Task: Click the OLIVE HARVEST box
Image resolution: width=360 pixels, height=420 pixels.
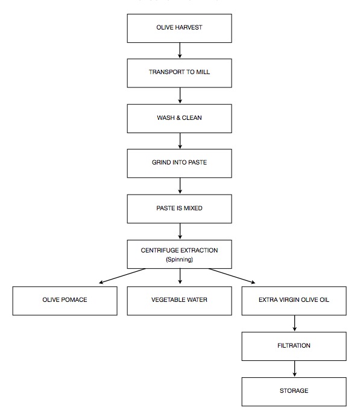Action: pos(180,28)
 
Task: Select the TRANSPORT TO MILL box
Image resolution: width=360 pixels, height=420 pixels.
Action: pos(180,73)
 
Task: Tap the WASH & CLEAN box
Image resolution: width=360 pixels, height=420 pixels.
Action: pos(180,118)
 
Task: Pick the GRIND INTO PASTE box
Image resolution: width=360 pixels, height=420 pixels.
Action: pos(180,163)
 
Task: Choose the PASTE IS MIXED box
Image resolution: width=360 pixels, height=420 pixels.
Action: pos(180,208)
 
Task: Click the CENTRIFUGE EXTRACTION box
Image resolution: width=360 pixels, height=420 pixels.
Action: pos(180,254)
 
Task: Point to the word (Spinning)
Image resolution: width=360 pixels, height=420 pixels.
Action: pos(180,260)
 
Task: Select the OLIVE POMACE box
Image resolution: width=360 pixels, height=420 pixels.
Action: pos(65,300)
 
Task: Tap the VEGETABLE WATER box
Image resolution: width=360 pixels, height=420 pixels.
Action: pos(180,300)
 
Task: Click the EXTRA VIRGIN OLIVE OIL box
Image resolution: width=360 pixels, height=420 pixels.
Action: pos(294,300)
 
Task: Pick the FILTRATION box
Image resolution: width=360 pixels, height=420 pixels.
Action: pos(294,346)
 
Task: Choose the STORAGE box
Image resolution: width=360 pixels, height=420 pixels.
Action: pos(294,391)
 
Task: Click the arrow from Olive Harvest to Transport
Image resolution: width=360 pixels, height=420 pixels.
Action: pos(180,51)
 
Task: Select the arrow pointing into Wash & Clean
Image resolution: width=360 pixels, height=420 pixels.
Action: pos(180,96)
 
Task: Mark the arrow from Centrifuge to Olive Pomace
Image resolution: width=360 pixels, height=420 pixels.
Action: pos(123,275)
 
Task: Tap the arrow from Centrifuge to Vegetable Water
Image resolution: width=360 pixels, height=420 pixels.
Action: pos(180,276)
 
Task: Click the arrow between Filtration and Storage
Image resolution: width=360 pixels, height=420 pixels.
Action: pos(294,369)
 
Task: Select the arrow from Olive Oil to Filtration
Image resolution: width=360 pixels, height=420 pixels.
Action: pos(294,323)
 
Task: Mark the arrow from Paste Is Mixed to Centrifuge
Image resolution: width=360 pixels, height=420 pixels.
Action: pos(180,231)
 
